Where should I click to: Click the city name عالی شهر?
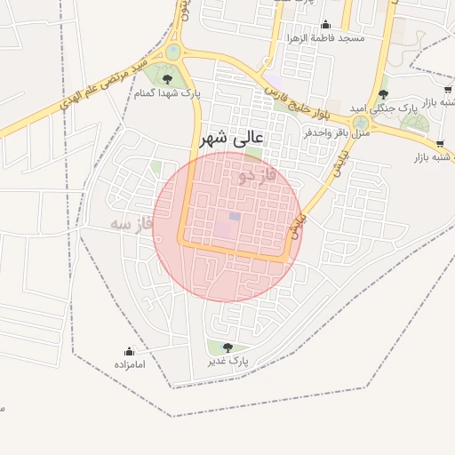(x=234, y=139)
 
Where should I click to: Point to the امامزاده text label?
(x=129, y=364)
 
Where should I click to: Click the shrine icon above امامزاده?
(x=129, y=351)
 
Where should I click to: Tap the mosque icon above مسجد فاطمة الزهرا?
(x=325, y=25)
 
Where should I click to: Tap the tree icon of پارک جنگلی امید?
(x=383, y=94)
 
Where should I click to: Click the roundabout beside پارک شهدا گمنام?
(x=173, y=52)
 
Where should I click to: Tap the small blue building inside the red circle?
(x=235, y=216)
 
